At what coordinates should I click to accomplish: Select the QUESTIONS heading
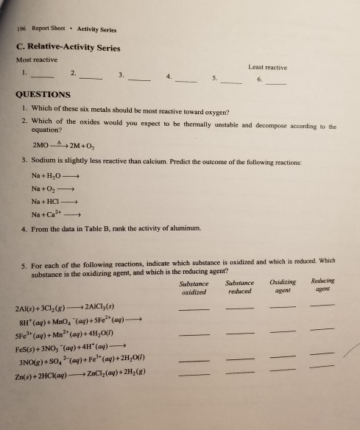(x=43, y=95)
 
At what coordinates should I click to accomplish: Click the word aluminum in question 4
(x=182, y=230)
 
